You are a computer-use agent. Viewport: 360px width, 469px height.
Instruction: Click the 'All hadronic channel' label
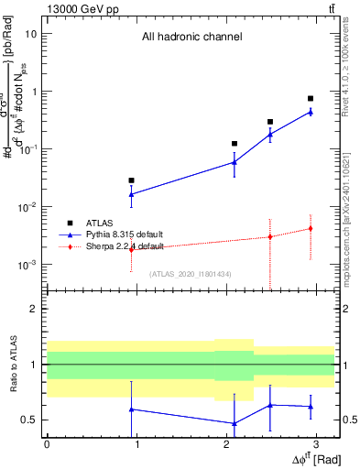191,38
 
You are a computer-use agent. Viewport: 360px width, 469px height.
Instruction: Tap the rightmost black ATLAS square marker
311,98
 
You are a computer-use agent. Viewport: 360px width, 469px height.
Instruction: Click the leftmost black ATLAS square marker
132,180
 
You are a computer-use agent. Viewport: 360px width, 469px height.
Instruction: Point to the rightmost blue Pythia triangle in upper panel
311,112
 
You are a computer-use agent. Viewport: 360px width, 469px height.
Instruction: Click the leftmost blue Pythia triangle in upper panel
132,194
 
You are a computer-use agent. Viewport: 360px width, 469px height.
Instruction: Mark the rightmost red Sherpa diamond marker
311,228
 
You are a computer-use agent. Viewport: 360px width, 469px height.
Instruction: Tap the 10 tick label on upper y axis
31,34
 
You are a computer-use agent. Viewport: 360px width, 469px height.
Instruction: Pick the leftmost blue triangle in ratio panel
132,409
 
